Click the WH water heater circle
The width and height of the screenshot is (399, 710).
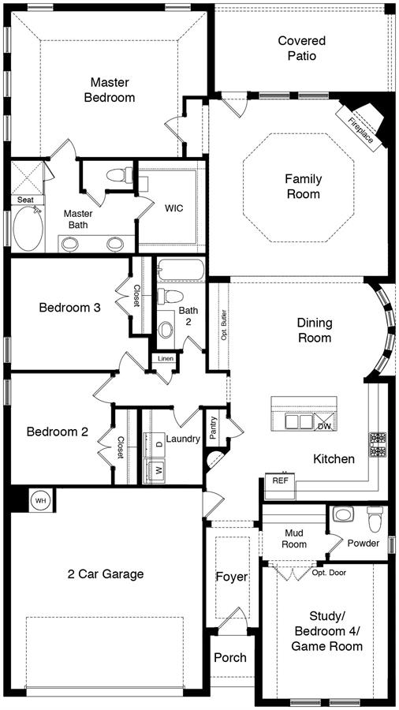click(41, 501)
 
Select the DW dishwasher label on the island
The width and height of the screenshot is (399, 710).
click(324, 426)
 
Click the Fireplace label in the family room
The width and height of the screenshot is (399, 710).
click(361, 130)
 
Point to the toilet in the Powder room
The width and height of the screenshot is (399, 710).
click(375, 519)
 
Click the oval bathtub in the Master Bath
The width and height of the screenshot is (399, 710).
click(28, 228)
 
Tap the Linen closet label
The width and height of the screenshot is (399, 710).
click(166, 359)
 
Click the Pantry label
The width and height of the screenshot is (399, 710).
click(213, 428)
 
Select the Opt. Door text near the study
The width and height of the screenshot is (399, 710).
click(329, 573)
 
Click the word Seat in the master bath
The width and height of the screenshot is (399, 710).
click(25, 200)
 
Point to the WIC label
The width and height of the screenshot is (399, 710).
click(174, 209)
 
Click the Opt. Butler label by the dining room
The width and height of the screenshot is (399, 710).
click(223, 325)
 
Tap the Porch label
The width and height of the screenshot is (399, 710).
click(230, 657)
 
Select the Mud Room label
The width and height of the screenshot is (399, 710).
click(294, 538)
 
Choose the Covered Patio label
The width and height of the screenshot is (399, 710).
click(302, 48)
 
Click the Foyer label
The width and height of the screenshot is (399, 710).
click(232, 577)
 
